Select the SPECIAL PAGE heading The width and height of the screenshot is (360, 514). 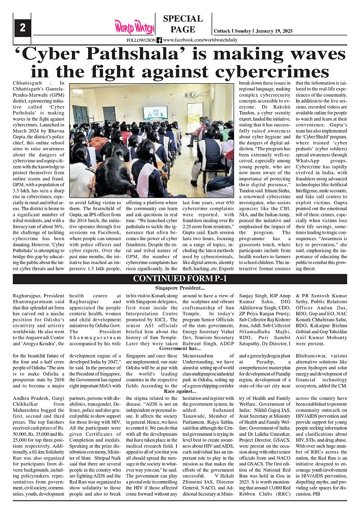coord(183,24)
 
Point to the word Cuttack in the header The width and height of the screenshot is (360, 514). coord(222,31)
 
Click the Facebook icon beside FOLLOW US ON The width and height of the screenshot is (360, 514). coord(159,40)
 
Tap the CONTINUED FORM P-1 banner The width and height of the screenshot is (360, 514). coord(180,279)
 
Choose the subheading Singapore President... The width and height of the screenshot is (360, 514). coord(180,287)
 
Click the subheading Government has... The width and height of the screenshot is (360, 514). coord(180,349)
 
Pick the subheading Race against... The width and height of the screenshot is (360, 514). coord(180,392)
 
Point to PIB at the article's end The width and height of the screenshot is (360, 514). coord(316,493)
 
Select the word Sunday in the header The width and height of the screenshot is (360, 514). coord(243,31)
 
